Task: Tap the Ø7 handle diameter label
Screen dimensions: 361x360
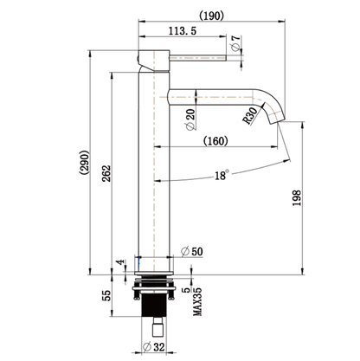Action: click(235, 42)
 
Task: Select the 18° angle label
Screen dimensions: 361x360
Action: click(222, 176)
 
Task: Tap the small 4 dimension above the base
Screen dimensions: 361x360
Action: click(119, 261)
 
